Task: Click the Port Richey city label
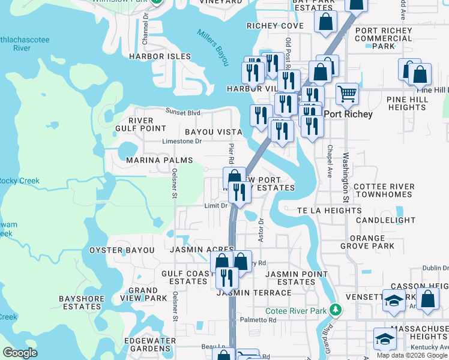coord(348,114)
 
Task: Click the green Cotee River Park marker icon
coord(336,310)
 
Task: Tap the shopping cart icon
coord(347,94)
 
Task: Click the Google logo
coord(20,353)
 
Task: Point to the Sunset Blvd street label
coord(183,112)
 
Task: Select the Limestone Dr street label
coord(182,142)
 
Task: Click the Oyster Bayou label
coord(122,250)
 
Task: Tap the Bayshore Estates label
coord(80,302)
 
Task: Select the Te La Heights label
coord(330,211)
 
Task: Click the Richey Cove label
coord(276,26)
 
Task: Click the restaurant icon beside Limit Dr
coord(240,192)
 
